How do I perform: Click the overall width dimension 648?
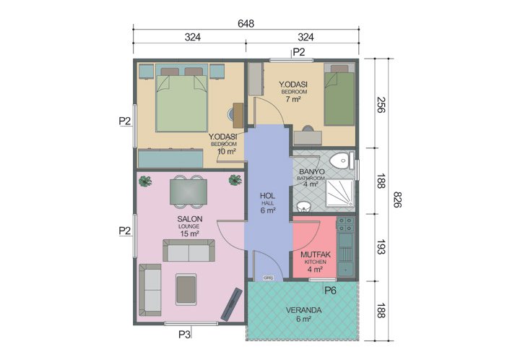246,23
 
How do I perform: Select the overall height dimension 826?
396,200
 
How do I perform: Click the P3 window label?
185,334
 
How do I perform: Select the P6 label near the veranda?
330,291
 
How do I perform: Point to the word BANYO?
311,171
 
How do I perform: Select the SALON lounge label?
189,219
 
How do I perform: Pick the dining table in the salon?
188,192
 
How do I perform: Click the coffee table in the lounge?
186,288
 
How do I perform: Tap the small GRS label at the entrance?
267,278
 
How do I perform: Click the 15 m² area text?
189,233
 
